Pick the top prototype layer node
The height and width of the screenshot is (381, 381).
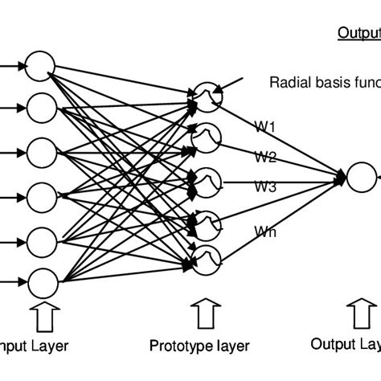pyautogui.click(x=207, y=98)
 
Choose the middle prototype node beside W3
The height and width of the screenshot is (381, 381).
pyautogui.click(x=207, y=178)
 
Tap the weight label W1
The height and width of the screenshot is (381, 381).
pyautogui.click(x=266, y=125)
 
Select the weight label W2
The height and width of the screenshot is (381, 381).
pyautogui.click(x=266, y=156)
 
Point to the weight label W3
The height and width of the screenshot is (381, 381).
pyautogui.click(x=266, y=186)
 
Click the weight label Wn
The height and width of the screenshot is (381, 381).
pyautogui.click(x=266, y=232)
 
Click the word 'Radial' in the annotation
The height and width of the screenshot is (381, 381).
pyautogui.click(x=285, y=82)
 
